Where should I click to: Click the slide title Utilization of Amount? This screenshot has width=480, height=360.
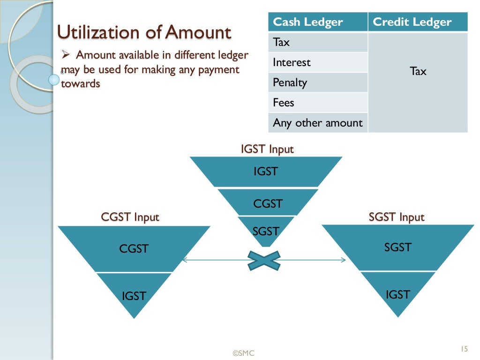click(144, 33)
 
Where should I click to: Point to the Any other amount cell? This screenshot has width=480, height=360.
click(318, 123)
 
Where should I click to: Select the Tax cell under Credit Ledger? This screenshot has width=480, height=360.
click(418, 72)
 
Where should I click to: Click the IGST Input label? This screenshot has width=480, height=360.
click(267, 150)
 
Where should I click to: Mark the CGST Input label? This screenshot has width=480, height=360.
click(130, 217)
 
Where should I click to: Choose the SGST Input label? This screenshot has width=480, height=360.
click(397, 217)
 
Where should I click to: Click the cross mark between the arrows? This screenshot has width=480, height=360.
click(264, 261)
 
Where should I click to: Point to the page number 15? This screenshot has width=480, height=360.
click(464, 349)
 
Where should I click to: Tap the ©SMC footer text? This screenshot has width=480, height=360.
click(244, 353)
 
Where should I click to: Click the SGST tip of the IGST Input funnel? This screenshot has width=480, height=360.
click(266, 231)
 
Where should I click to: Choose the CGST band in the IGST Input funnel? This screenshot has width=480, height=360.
click(268, 203)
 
